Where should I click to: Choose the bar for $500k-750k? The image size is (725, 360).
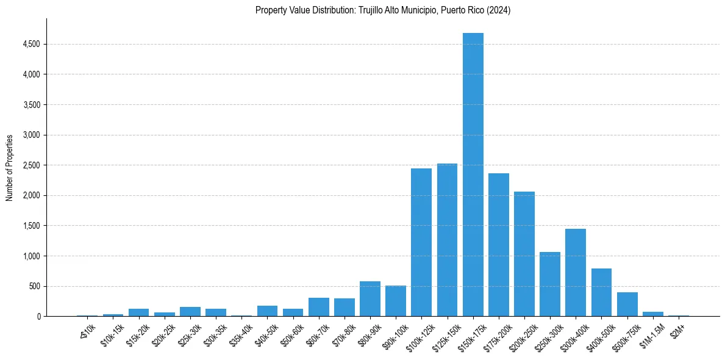coord(627,304)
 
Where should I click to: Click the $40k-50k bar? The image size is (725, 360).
coord(267,311)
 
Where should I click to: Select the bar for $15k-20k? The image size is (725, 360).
coord(139,312)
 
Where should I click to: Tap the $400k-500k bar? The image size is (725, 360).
coord(601,292)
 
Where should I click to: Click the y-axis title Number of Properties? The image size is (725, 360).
coord(10,167)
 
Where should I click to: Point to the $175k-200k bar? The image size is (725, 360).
coord(499,245)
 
